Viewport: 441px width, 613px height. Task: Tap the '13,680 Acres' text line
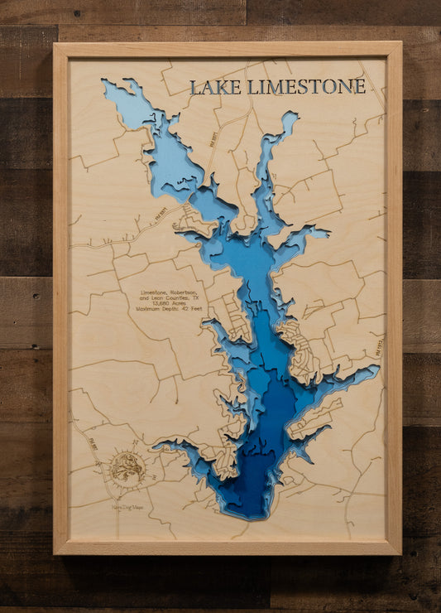(167, 303)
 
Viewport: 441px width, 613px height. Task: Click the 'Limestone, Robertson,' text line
(168, 292)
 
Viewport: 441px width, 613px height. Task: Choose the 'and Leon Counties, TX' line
(168, 298)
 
